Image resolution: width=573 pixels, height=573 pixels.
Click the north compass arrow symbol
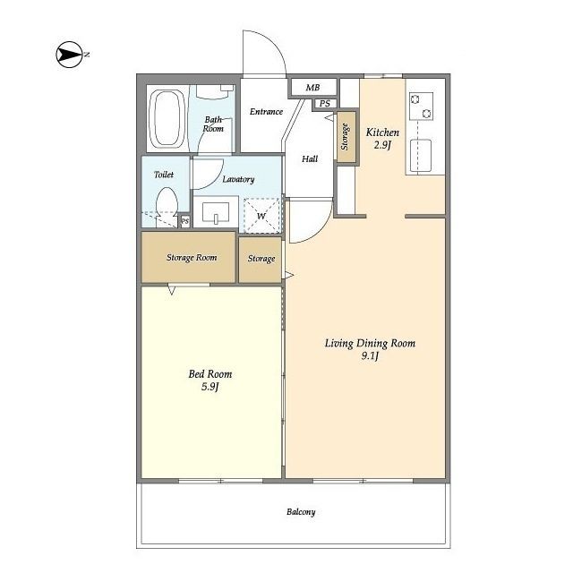(70, 55)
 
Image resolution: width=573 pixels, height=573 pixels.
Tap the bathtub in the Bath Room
(167, 118)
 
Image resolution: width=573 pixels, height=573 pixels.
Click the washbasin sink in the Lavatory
(216, 213)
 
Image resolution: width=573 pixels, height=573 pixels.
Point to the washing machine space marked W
(261, 216)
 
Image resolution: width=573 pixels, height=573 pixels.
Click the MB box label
(312, 88)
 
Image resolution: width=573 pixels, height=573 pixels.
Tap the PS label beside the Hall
(324, 104)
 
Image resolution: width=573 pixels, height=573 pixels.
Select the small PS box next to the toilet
(185, 221)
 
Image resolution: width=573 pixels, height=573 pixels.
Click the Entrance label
(266, 111)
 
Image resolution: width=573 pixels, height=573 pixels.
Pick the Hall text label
(310, 159)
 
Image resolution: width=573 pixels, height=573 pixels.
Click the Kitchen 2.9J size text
(382, 145)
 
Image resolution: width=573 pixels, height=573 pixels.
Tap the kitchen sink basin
(421, 155)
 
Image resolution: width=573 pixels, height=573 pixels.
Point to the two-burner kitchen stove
(422, 106)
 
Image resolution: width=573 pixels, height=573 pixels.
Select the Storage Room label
(192, 258)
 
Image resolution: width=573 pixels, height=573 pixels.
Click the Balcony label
(301, 512)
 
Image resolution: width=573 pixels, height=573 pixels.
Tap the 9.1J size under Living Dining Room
(370, 355)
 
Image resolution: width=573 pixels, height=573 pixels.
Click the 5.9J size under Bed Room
(210, 387)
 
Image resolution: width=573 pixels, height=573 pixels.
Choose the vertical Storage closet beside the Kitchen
(346, 137)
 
